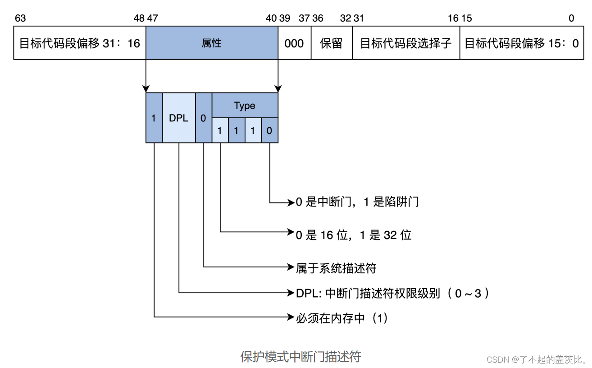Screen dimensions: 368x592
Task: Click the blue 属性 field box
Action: point(212,43)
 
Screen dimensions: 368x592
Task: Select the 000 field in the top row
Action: point(294,43)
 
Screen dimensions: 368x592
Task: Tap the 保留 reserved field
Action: point(331,43)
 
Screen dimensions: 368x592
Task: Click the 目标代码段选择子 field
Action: point(405,43)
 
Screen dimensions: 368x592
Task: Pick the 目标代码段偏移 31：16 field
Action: point(80,43)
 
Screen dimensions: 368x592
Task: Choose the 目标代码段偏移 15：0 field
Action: point(522,43)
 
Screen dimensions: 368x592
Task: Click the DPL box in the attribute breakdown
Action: point(178,118)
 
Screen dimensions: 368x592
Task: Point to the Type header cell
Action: point(245,106)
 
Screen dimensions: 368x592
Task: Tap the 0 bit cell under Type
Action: point(269,131)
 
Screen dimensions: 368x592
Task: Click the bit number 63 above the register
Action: point(20,18)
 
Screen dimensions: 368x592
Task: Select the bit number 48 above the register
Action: point(139,18)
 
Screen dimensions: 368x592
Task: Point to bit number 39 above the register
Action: point(284,18)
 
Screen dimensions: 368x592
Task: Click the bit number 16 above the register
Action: point(453,18)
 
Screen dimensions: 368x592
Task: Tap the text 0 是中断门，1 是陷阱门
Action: point(357,202)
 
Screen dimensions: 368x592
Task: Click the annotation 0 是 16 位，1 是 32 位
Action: point(353,235)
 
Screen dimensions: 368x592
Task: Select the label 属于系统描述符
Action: point(336,268)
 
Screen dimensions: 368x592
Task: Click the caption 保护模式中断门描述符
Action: point(301,357)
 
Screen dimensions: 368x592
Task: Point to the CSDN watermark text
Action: point(537,359)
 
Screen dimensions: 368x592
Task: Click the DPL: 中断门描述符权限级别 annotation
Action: point(392,293)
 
